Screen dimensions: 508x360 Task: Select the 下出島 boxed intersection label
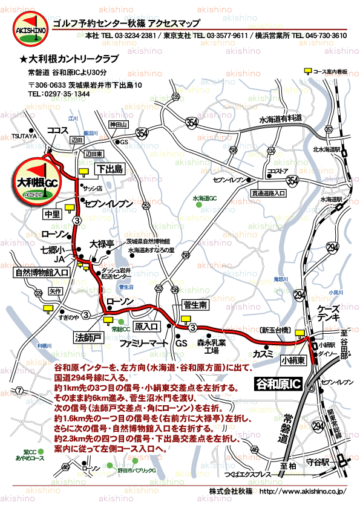click(x=110, y=168)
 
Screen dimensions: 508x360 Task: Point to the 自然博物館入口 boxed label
click(x=41, y=273)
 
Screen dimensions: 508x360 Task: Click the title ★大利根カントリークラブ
click(x=69, y=59)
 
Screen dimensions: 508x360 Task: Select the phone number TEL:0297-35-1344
click(x=59, y=94)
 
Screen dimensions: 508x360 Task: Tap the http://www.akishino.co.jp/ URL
click(x=302, y=492)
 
